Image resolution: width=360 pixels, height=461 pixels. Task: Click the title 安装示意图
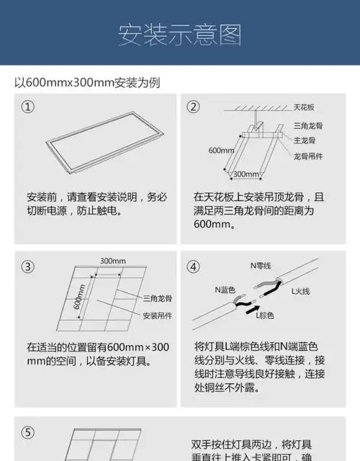coord(179,35)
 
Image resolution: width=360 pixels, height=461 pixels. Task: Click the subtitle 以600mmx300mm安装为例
coord(87,82)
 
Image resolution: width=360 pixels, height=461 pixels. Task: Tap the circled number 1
coord(27,107)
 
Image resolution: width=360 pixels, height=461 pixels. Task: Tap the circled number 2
coord(193,107)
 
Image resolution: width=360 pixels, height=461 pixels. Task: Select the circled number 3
coord(27,267)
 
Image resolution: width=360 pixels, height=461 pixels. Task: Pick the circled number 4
coord(193,267)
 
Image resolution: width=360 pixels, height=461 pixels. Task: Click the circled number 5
coord(27,433)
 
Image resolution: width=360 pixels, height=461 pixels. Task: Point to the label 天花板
coord(304,107)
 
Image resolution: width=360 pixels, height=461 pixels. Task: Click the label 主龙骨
coord(302,140)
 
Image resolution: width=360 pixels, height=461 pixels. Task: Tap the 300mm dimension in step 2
coord(246,174)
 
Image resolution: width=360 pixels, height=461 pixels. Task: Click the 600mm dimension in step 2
coord(220,151)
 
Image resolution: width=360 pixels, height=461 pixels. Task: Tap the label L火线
coord(300,291)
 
